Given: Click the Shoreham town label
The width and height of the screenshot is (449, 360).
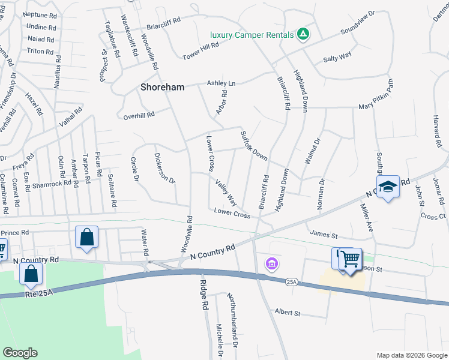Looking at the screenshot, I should point(162,87).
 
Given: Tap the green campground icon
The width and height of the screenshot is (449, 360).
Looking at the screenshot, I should point(303,34).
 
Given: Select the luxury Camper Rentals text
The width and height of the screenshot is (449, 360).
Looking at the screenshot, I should point(252,34).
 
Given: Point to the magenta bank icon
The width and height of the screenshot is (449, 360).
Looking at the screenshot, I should point(271,263).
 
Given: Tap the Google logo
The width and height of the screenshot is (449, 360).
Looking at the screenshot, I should point(20,353).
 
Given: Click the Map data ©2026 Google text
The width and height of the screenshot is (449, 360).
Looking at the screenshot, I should point(411,355).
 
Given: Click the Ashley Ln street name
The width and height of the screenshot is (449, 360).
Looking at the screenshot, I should point(221,83).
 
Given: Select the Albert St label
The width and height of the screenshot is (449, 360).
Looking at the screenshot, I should point(287,313).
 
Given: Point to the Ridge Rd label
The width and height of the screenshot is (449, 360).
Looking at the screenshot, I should point(204,295).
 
